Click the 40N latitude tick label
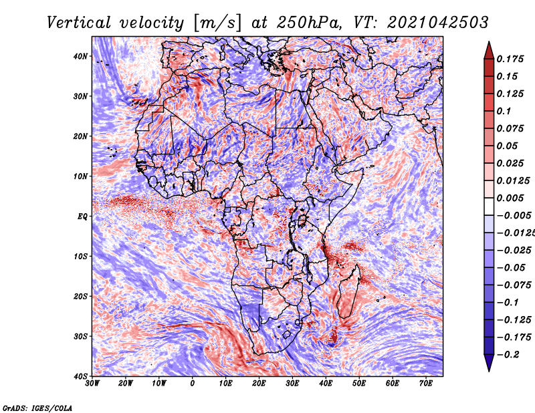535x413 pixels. [81, 56]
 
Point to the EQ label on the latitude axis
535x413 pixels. [82, 216]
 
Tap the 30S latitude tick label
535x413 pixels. [81, 336]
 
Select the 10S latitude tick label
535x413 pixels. [81, 256]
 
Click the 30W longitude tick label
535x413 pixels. [92, 384]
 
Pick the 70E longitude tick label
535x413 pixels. [426, 384]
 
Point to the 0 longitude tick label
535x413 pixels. [193, 384]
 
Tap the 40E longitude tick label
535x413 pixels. [326, 384]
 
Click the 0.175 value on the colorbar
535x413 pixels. [510, 59]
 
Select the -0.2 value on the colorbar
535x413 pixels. [508, 354]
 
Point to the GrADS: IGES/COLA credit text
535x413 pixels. [37, 407]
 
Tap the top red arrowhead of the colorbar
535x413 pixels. [489, 46]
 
